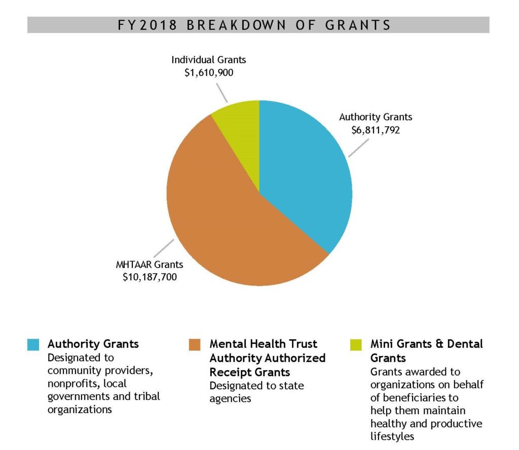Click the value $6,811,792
pyautogui.click(x=376, y=130)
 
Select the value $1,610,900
pyautogui.click(x=208, y=72)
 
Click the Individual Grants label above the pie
pyautogui.click(x=208, y=60)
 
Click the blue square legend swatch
pyautogui.click(x=33, y=345)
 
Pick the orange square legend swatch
pyautogui.click(x=195, y=345)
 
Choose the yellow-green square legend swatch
pyautogui.click(x=356, y=345)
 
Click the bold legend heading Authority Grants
pyautogui.click(x=93, y=344)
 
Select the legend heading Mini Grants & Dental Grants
pyautogui.click(x=426, y=351)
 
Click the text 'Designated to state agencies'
pyautogui.click(x=256, y=392)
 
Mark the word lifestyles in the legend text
pyautogui.click(x=392, y=436)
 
